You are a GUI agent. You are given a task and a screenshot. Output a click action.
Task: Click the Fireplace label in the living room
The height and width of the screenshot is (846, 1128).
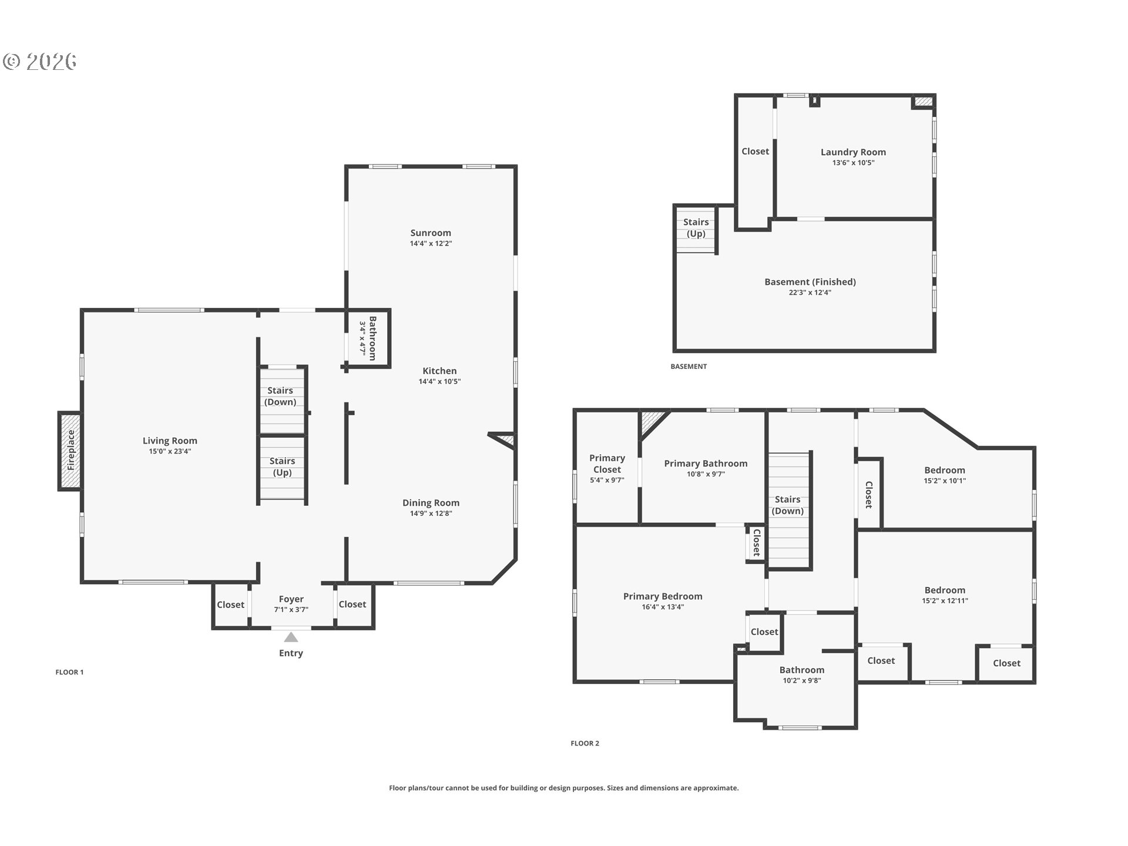[70, 451]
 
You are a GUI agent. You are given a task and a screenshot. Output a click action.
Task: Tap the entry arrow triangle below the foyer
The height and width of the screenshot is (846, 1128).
[291, 637]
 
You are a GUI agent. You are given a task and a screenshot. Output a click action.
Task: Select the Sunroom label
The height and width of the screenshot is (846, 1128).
[431, 233]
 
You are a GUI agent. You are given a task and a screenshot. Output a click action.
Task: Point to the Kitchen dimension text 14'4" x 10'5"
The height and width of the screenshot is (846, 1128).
[439, 381]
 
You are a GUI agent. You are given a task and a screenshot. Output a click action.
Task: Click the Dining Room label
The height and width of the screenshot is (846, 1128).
[431, 502]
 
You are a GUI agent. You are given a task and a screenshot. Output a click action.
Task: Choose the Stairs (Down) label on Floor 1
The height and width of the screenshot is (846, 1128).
[280, 396]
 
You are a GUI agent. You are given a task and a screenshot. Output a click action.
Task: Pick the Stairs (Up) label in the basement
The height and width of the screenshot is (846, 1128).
[696, 228]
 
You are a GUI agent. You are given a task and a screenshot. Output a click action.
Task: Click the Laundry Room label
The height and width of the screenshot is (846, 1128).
[853, 152]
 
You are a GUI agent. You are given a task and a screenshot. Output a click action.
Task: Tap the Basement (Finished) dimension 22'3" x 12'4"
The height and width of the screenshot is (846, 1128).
[810, 293]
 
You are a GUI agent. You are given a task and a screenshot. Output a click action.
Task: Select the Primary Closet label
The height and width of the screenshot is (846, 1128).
[607, 464]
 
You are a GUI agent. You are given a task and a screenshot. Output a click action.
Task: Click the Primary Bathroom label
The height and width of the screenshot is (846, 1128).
[706, 464]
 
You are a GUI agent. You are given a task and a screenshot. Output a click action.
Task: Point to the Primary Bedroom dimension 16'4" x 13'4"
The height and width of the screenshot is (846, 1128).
[663, 607]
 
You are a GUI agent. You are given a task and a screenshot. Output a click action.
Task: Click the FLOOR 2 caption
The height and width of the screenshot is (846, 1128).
[585, 743]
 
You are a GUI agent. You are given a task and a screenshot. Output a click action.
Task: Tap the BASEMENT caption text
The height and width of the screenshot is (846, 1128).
[689, 366]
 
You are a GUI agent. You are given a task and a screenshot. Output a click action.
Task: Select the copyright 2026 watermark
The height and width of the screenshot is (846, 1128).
[40, 61]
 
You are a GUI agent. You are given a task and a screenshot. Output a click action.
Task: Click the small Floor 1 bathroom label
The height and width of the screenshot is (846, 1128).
[372, 338]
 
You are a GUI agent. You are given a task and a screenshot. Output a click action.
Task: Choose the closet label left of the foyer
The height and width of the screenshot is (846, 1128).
[230, 605]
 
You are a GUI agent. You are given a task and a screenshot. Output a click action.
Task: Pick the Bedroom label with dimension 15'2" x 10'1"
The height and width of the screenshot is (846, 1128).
[945, 470]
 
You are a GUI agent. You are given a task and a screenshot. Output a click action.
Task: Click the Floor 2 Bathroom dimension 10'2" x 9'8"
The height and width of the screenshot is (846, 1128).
[802, 680]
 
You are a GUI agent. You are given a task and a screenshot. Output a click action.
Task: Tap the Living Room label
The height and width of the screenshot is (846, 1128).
[170, 441]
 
